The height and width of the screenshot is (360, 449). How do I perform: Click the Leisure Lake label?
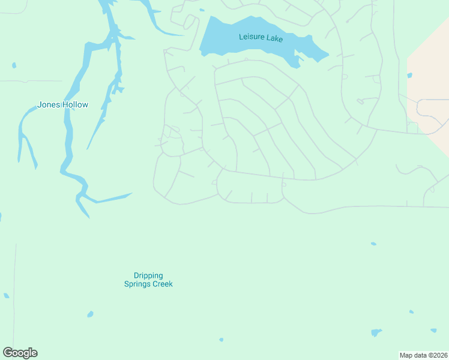click(x=261, y=37)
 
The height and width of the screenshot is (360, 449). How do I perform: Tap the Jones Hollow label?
click(x=62, y=104)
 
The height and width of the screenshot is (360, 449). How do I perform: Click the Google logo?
click(x=20, y=353)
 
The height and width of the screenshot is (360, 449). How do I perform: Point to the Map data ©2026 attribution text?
click(x=424, y=355)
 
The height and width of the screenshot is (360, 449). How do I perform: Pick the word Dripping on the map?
click(x=148, y=276)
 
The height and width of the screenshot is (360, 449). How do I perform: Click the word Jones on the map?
click(x=49, y=104)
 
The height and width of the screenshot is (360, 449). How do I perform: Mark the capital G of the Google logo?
click(x=8, y=353)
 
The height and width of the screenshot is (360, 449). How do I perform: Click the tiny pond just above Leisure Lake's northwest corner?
click(x=202, y=10)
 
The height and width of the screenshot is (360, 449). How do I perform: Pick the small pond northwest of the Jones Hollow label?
click(x=14, y=65)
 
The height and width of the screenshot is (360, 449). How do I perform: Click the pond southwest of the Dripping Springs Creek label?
click(x=90, y=314)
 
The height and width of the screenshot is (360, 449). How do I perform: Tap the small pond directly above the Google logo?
click(x=6, y=295)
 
